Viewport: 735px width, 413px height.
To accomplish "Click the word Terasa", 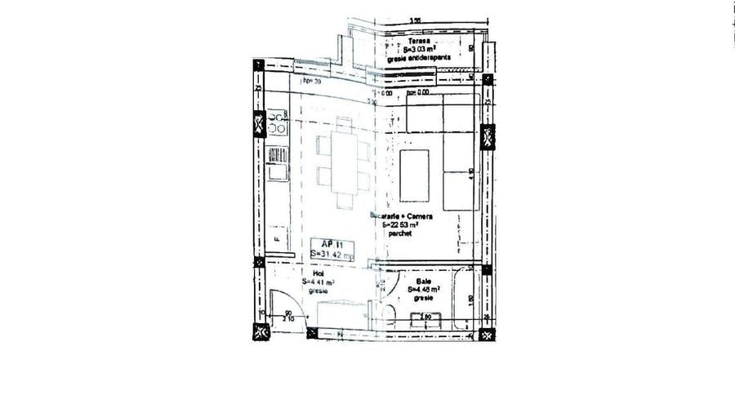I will (x=419, y=41).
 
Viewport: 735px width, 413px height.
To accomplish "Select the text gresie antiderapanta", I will (x=425, y=59).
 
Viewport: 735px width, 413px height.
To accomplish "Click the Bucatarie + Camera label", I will (x=401, y=216).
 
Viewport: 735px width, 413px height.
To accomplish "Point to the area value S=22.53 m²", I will (x=402, y=224).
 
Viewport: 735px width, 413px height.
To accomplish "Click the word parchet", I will (x=401, y=233).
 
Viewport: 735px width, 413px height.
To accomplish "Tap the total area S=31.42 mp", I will (x=332, y=255).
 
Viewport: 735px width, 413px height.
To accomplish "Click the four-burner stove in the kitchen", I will (x=278, y=124).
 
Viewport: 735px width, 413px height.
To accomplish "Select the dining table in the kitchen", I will (x=344, y=163).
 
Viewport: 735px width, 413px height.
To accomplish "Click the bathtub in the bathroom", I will (x=468, y=295).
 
